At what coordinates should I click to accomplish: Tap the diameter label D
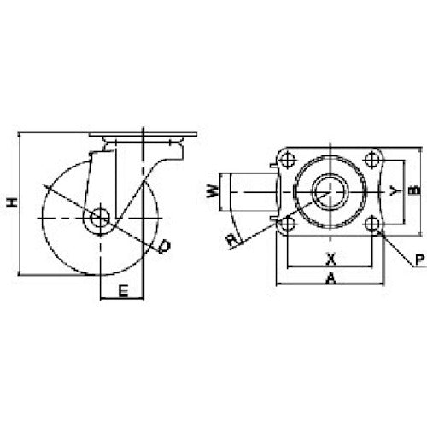165,247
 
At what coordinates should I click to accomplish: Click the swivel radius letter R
232,240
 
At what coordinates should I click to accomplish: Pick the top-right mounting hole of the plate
370,158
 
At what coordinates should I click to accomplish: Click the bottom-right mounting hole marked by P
371,224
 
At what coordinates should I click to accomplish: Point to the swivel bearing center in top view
328,191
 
